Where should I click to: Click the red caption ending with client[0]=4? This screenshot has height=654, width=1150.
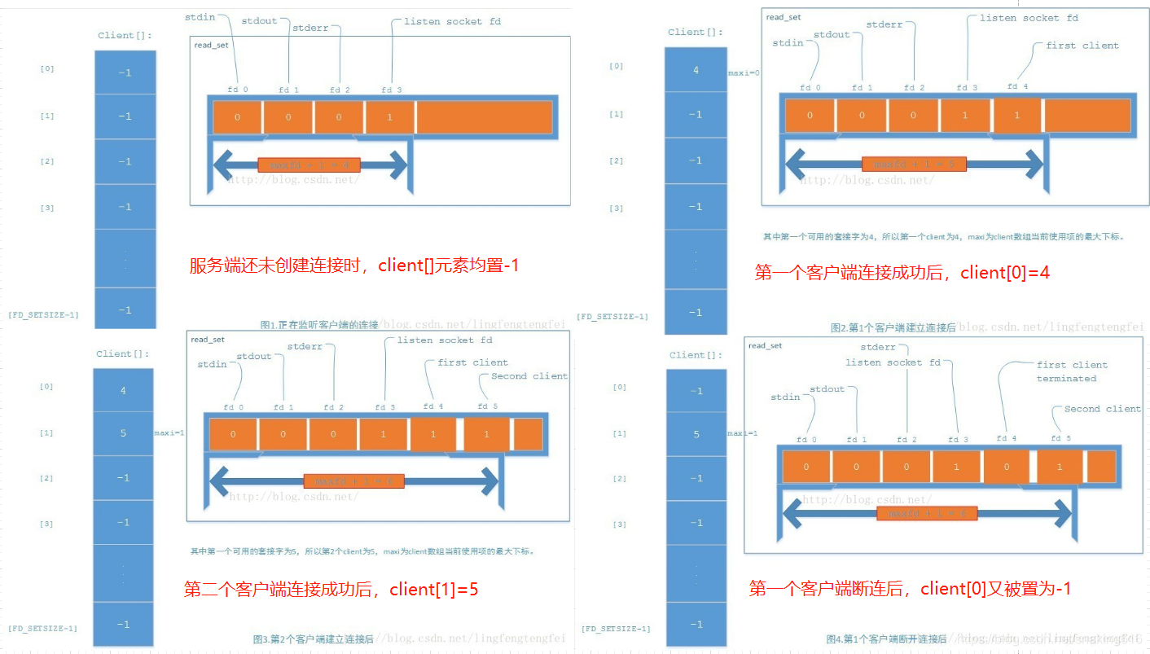tap(902, 273)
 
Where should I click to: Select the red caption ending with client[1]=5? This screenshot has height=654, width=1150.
tap(331, 589)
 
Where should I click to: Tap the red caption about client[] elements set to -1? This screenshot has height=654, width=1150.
tap(353, 266)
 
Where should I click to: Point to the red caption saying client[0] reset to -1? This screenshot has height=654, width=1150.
tap(909, 588)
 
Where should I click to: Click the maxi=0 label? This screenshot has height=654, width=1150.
tap(744, 72)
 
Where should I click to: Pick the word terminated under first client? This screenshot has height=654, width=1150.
tap(1066, 379)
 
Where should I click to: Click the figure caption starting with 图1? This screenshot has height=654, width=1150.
tap(319, 325)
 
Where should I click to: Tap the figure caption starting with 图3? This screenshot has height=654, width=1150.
tap(313, 639)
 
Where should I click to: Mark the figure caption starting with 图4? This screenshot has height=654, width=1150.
tap(886, 639)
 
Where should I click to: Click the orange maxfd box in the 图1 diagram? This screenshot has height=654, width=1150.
tap(309, 165)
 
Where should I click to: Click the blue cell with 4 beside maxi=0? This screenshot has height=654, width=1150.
tap(696, 71)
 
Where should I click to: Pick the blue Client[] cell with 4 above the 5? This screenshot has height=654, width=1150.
tap(123, 390)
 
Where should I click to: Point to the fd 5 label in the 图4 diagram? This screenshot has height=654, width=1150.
tap(1060, 439)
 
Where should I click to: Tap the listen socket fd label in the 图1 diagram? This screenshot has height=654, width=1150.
tap(452, 21)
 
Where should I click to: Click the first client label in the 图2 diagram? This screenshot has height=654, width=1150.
tap(1082, 46)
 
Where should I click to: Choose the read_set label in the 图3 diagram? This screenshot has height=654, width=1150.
tap(207, 340)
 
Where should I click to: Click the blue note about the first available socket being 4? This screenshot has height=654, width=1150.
tap(942, 237)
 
